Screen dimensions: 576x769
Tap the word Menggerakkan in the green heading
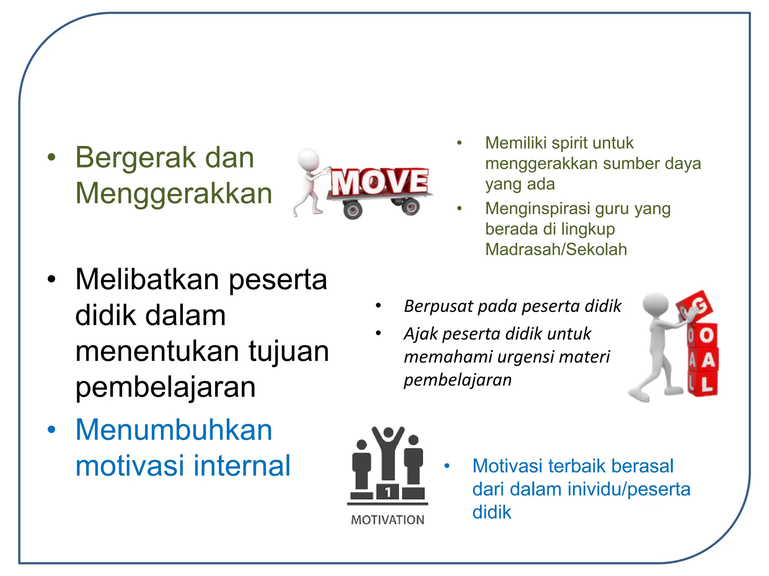(x=173, y=193)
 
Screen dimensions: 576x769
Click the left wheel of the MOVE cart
(x=352, y=210)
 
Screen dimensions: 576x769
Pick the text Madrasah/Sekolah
(x=556, y=249)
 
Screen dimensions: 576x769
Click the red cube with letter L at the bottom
(x=706, y=384)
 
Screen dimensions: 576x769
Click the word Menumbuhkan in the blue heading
(x=173, y=430)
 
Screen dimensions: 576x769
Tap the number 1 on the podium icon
(x=388, y=492)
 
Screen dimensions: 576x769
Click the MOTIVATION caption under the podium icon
(x=388, y=520)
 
